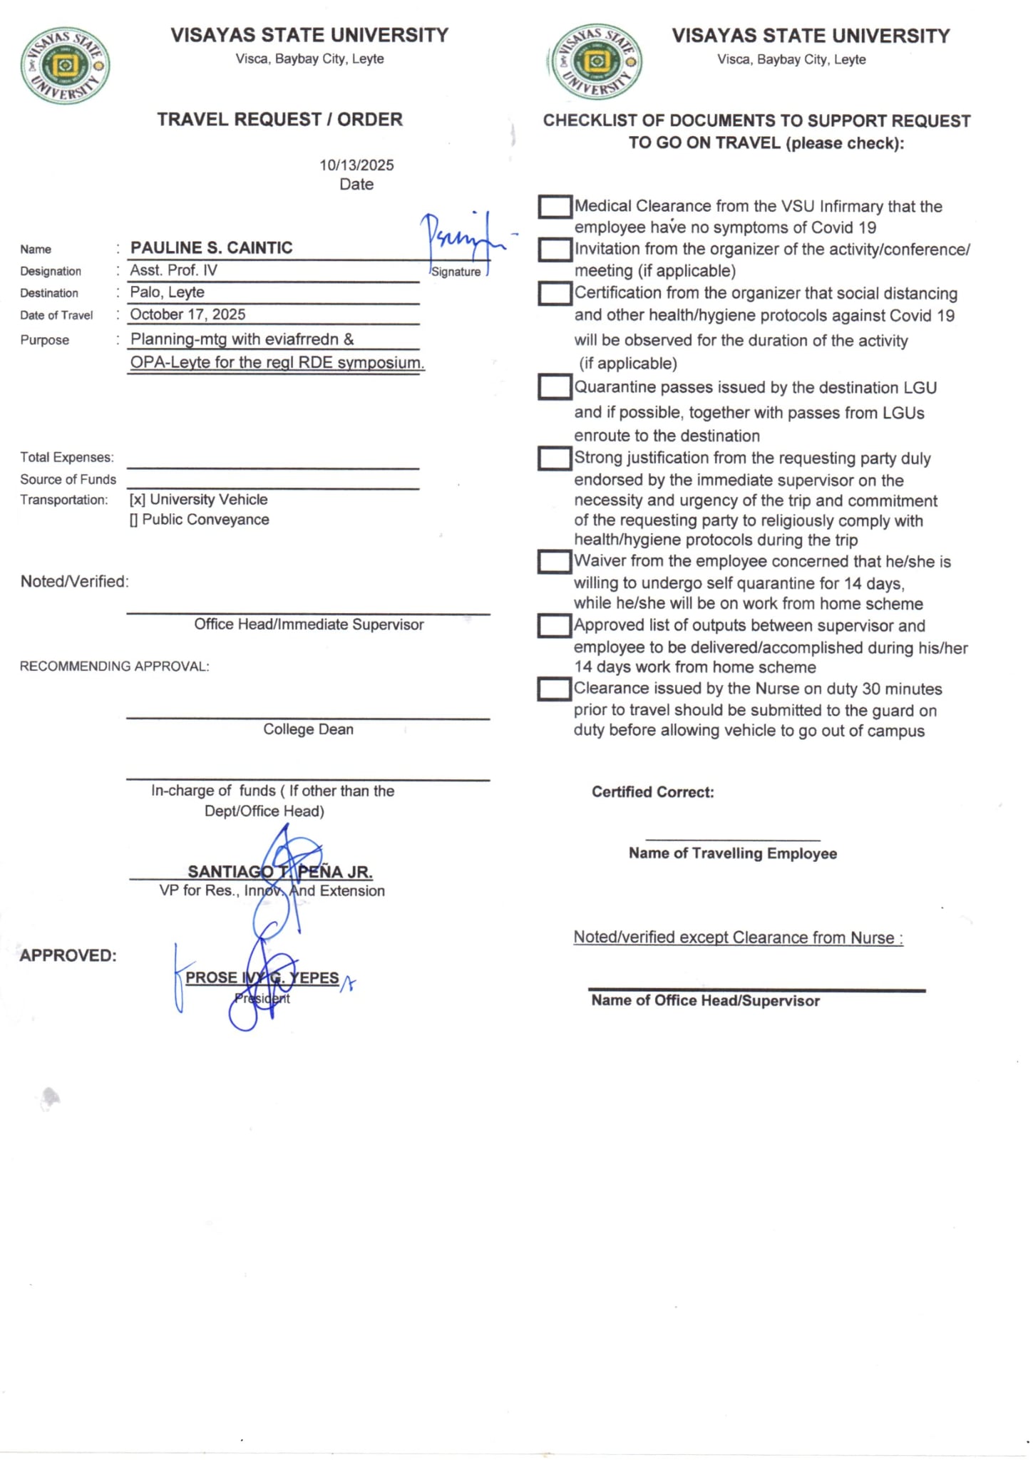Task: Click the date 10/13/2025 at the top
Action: [356, 165]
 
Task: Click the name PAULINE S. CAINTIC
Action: [211, 247]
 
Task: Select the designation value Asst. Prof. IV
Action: [173, 270]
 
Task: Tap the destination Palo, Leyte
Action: [167, 292]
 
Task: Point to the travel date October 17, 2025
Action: [187, 314]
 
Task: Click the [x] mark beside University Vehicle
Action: [137, 500]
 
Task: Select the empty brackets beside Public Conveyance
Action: [133, 520]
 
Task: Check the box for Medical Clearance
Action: [555, 207]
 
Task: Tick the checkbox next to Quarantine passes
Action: [555, 387]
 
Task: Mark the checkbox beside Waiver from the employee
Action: [555, 562]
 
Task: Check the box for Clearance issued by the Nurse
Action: [554, 689]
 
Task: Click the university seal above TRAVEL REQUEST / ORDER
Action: [65, 66]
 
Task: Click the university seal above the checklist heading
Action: [597, 62]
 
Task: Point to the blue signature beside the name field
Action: [460, 239]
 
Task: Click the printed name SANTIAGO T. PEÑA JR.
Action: [279, 871]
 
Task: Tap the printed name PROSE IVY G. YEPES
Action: [262, 977]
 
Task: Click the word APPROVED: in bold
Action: [68, 955]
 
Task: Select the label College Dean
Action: [308, 729]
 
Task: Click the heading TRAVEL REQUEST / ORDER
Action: [279, 119]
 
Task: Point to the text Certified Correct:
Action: [652, 792]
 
